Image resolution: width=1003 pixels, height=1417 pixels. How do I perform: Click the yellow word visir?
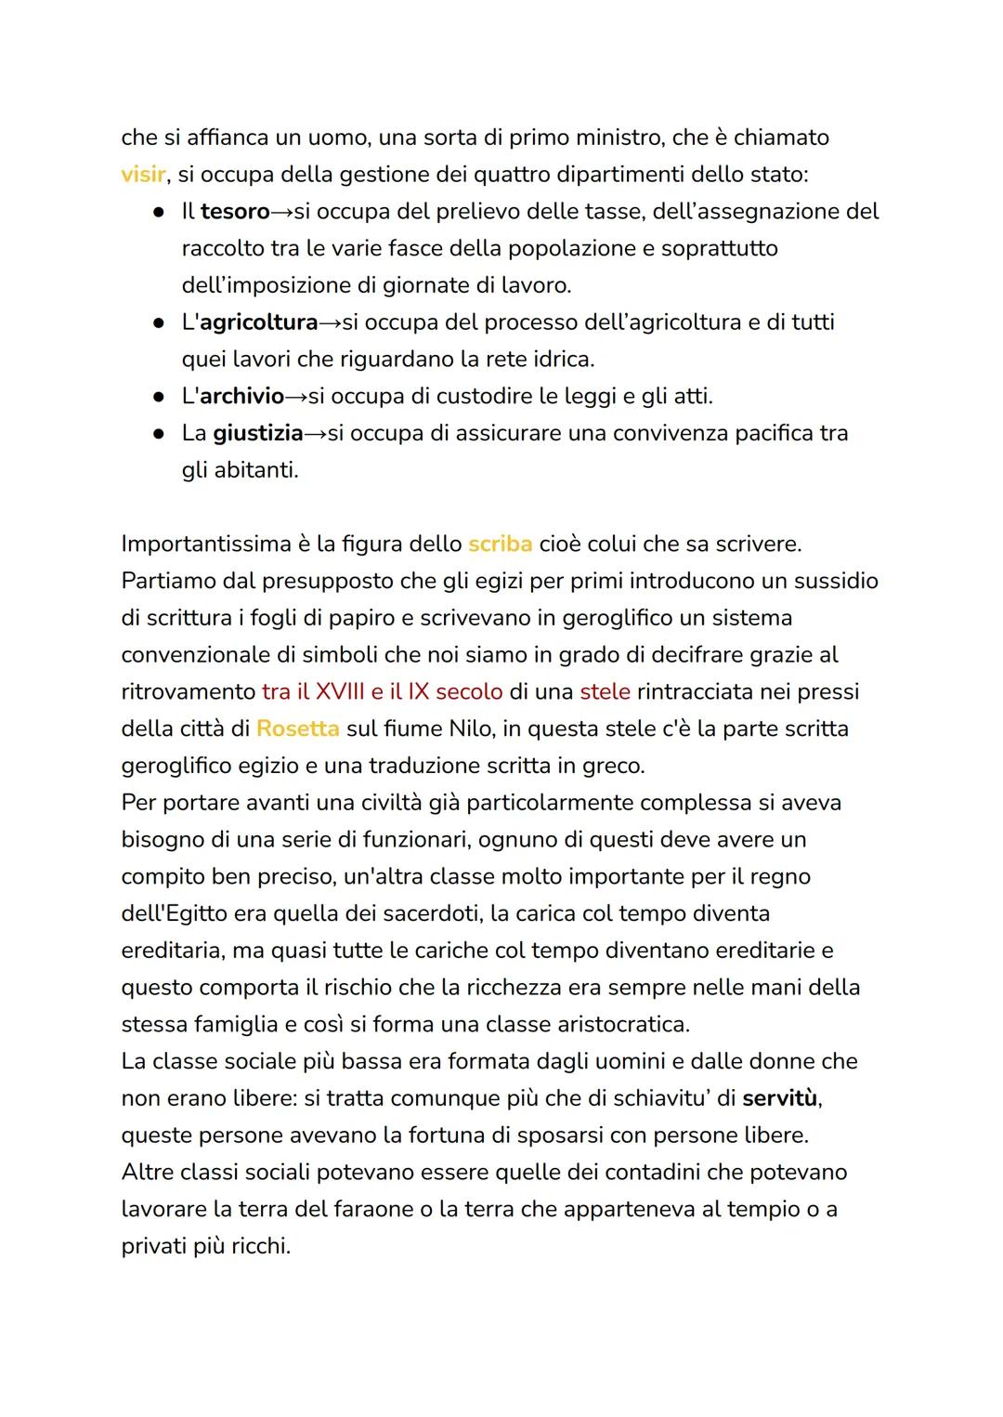tap(143, 175)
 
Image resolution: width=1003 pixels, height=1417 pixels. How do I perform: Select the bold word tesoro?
tap(235, 212)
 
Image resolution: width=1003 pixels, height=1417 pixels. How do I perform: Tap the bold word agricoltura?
tap(259, 322)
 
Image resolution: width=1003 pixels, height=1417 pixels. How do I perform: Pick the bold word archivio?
tap(241, 397)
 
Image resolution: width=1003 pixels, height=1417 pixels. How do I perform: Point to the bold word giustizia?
tap(257, 433)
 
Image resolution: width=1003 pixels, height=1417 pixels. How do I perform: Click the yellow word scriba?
tap(500, 544)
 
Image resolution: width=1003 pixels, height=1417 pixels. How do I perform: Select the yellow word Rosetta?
tap(297, 728)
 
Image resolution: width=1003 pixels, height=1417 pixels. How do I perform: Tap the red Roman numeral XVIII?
tap(340, 692)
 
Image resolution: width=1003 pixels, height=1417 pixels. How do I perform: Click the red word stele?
tap(605, 692)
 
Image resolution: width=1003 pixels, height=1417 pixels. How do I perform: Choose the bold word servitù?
tap(781, 1098)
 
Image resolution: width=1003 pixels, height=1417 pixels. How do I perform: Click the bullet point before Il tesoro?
tap(160, 213)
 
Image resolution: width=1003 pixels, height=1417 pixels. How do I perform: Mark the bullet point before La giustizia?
tap(160, 434)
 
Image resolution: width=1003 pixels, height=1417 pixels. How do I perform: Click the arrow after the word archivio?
tap(295, 398)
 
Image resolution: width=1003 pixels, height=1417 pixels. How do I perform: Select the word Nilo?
tap(472, 728)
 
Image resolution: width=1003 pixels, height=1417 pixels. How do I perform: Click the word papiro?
tap(358, 618)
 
